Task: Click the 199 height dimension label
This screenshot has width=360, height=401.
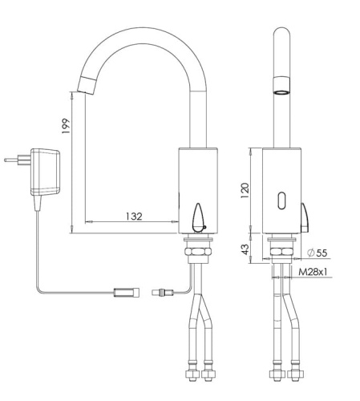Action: tap(66, 126)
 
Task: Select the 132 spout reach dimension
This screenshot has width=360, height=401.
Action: tap(134, 216)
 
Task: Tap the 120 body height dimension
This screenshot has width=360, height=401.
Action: tap(245, 190)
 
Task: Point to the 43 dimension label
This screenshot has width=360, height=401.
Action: tap(245, 249)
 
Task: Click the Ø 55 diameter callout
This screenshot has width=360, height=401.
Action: tap(317, 253)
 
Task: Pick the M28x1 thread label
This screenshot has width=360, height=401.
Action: tap(313, 272)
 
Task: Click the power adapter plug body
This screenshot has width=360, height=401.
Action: tap(45, 172)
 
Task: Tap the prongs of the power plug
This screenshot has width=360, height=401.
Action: tap(18, 160)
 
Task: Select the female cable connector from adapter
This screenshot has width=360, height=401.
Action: tap(127, 292)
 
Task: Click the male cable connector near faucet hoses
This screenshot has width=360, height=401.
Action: tap(162, 292)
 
